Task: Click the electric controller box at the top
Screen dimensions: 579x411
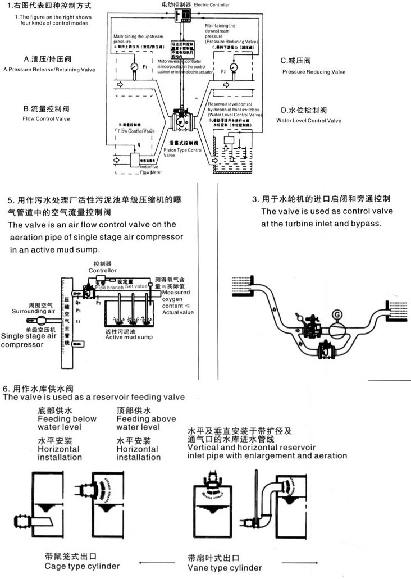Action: [x=183, y=15]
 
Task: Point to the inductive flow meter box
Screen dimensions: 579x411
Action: [x=137, y=160]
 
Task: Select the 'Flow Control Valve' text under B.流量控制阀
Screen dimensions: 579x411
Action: [x=46, y=119]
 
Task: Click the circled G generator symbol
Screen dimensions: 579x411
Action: [x=337, y=315]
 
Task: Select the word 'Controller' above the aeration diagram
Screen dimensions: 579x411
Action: [x=102, y=270]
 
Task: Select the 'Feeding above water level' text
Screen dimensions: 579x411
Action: [x=146, y=422]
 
